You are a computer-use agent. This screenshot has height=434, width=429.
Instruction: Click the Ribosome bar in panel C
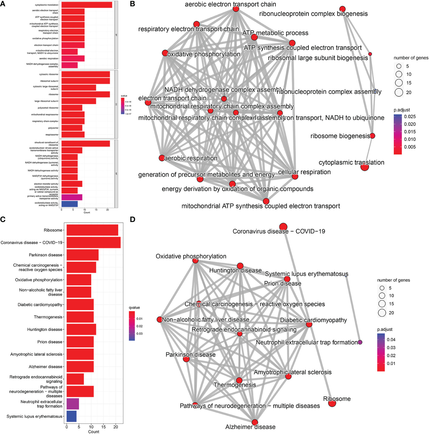click(92, 230)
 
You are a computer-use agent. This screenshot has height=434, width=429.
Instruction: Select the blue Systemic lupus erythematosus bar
click(72, 416)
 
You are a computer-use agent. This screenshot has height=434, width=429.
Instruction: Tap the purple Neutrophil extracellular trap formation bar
click(73, 404)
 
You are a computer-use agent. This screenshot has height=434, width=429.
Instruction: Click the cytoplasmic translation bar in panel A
click(87, 5)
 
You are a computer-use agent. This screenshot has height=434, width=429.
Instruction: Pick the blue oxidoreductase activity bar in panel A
click(69, 204)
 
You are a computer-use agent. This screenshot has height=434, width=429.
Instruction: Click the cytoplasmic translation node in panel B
click(364, 167)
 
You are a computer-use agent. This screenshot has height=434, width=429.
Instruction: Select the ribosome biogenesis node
click(372, 136)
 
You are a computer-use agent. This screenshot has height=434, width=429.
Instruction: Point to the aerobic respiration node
click(161, 158)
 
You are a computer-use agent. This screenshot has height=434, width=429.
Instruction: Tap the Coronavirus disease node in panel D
click(283, 227)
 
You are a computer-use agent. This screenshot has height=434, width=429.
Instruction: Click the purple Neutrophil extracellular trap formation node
click(360, 342)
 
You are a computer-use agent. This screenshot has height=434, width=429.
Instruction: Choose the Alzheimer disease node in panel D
click(255, 422)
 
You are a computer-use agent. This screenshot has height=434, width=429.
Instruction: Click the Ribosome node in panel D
click(332, 403)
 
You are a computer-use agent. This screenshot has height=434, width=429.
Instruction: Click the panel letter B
click(132, 4)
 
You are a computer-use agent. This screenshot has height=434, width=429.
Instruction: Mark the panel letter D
click(132, 219)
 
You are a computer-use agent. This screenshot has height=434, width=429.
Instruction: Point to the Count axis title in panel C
click(94, 432)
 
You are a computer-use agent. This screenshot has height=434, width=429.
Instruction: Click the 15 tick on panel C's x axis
click(103, 427)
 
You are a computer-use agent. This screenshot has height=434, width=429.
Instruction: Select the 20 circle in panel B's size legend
click(399, 92)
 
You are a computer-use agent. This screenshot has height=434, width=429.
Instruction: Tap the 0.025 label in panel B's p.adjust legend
click(410, 117)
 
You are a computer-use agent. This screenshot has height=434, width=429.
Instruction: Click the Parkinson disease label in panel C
click(45, 255)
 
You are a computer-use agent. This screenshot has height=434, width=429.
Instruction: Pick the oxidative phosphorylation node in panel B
click(165, 53)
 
